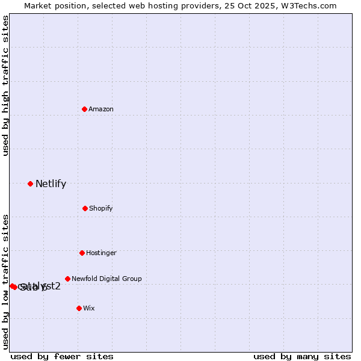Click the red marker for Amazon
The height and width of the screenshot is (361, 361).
pos(85,109)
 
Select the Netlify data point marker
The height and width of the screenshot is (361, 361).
pos(30,184)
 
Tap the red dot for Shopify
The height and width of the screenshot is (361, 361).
pos(85,208)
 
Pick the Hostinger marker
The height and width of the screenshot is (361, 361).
pos(82,253)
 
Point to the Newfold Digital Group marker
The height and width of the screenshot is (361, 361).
pos(67,279)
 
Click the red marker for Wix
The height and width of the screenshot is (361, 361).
pos(79,308)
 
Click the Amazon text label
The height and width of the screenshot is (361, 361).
pos(101,110)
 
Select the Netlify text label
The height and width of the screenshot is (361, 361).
pos(51,184)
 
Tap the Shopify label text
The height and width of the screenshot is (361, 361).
pos(101,209)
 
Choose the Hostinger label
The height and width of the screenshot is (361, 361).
pos(101,253)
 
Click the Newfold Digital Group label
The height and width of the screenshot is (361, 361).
pos(106,279)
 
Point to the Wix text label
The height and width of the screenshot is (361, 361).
pos(89,309)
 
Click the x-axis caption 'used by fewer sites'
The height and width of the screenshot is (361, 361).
pos(62,356)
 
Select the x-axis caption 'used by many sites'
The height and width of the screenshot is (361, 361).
pos(302,356)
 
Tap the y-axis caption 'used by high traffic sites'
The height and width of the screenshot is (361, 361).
pos(5,85)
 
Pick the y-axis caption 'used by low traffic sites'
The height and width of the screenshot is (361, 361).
pos(5,282)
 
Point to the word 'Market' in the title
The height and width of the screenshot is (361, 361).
pos(38,5)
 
